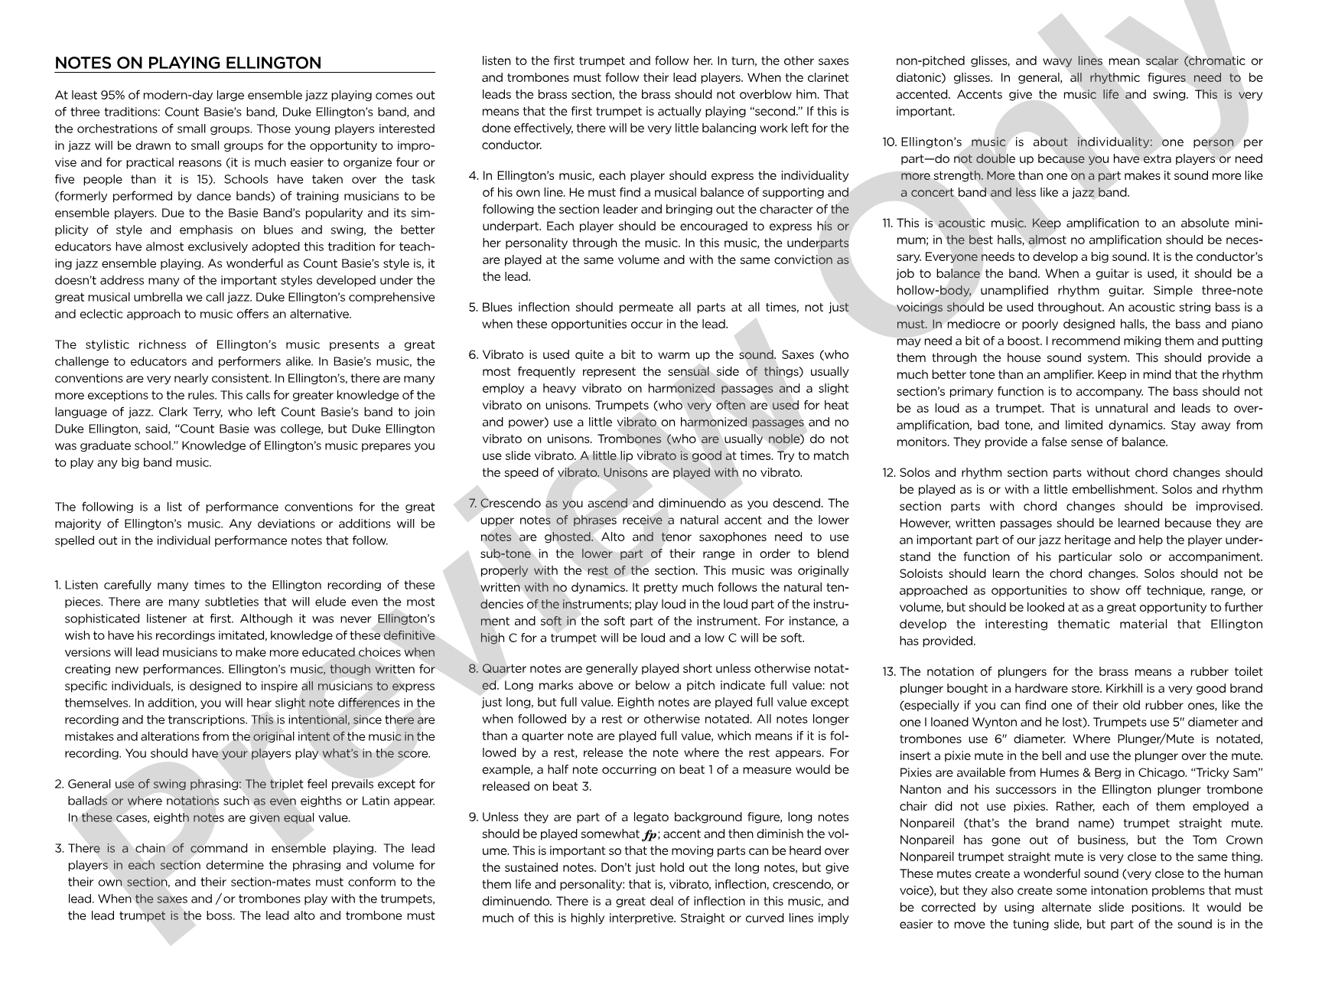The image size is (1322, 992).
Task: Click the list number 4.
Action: [x=473, y=176]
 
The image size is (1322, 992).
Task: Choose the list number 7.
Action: [x=473, y=504]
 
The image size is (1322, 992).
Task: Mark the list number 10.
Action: [x=889, y=142]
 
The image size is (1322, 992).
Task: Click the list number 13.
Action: [x=888, y=672]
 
